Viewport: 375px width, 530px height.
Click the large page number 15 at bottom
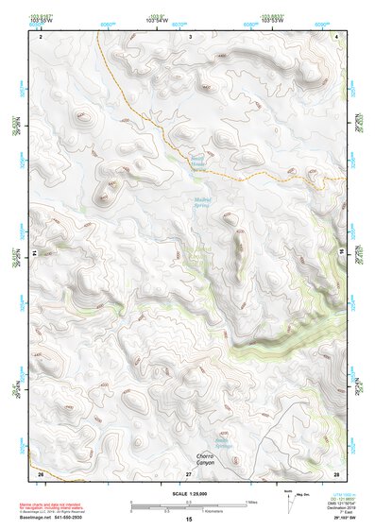click(x=189, y=521)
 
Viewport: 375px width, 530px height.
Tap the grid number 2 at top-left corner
click(x=42, y=35)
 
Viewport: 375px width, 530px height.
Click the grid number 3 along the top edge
click(x=190, y=35)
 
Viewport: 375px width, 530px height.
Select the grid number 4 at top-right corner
click(x=337, y=35)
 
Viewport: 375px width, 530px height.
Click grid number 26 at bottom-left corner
click(x=41, y=471)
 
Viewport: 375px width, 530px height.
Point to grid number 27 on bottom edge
click(x=189, y=471)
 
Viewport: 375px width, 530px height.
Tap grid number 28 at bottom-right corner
click(x=336, y=471)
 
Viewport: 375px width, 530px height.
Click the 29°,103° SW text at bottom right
click(x=338, y=519)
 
